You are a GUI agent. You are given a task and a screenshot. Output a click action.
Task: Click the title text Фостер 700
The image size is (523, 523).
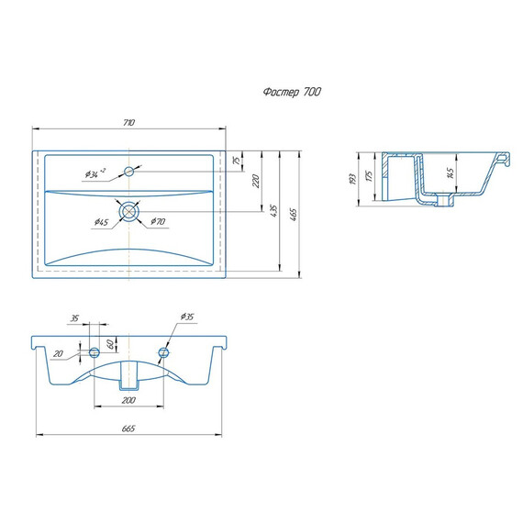[x=292, y=92]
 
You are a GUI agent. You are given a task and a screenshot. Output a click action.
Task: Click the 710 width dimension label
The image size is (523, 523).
[x=128, y=122]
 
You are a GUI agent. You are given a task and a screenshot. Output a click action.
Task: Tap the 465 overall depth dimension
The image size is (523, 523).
[x=293, y=215]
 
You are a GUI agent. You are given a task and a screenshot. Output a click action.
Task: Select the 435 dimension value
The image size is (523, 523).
[x=273, y=211]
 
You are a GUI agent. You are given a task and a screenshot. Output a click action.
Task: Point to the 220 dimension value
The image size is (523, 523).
[x=255, y=181]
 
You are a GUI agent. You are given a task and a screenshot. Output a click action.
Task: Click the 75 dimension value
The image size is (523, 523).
[x=237, y=161]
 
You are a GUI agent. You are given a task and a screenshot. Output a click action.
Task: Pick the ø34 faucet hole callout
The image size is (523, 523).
[x=95, y=173]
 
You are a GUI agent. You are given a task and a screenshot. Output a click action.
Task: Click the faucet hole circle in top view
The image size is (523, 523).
[x=128, y=172]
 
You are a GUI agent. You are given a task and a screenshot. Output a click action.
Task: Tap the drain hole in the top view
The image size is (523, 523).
[x=128, y=211]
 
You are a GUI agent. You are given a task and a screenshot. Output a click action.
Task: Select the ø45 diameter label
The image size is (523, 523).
[x=101, y=222]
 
